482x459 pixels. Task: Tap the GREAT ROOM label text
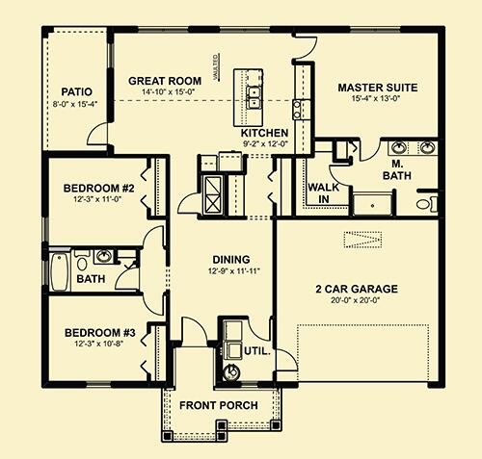[x=164, y=81]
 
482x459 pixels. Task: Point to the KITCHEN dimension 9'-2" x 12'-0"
[x=264, y=144]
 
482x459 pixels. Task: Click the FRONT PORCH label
[x=218, y=405]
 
